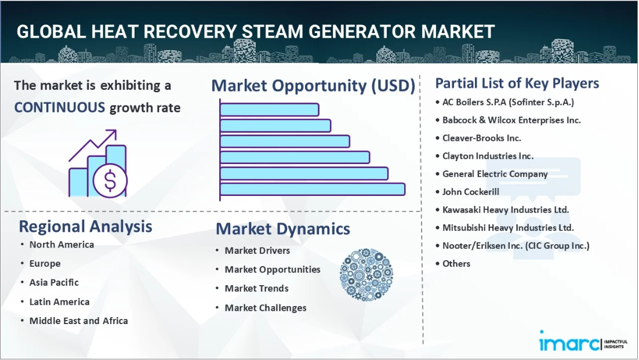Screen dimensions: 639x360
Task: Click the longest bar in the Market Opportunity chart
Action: pos(313,190)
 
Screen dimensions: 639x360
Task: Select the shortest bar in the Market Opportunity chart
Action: pos(270,110)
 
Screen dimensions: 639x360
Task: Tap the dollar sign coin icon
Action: pos(110,180)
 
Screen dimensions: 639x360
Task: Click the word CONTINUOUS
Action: pos(60,107)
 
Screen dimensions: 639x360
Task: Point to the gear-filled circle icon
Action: pos(366,275)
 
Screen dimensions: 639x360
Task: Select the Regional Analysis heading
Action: pos(86,227)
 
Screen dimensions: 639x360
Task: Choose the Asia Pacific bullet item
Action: pos(54,282)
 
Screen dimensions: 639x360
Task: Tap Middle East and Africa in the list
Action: pos(79,321)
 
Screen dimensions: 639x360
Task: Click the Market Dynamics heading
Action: pos(283,229)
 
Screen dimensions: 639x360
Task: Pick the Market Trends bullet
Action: pos(257,288)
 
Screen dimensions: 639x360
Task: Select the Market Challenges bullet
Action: pos(266,308)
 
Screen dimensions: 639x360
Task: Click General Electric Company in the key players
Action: pos(495,174)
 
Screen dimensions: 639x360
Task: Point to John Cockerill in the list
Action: pos(471,192)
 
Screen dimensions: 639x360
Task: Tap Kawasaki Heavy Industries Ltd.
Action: pos(506,210)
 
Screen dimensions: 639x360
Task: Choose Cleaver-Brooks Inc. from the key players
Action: pos(482,138)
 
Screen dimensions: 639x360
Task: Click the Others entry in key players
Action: pos(456,264)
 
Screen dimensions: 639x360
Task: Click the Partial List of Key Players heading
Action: pos(517,83)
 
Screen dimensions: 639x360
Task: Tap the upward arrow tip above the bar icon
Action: pos(116,130)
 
